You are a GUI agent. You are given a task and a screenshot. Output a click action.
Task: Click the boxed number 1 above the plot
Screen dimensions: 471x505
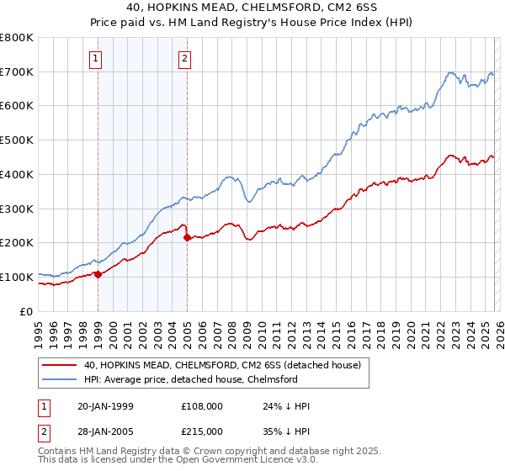coord(98,59)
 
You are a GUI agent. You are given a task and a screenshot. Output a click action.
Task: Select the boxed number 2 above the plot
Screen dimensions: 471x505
coord(184,59)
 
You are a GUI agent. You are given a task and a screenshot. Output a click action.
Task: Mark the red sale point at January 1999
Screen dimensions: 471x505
coord(98,274)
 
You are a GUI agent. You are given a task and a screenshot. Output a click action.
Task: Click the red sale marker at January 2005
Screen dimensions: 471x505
coord(187,238)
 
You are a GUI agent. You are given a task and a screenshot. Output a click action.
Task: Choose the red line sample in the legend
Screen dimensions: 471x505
coord(61,365)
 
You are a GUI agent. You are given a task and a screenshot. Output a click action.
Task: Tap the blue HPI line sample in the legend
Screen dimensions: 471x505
coord(61,379)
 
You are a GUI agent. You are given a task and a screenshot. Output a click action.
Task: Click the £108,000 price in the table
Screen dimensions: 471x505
coord(203,405)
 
